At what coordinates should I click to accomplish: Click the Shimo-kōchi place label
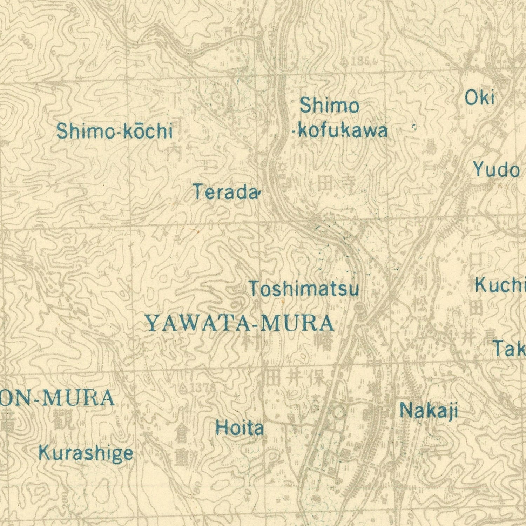[x=114, y=131]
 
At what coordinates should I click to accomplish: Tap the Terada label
[x=226, y=192]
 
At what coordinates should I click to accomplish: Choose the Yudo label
[x=496, y=170]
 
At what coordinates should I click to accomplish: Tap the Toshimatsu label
[x=304, y=289]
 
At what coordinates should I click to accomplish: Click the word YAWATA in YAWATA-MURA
[x=198, y=323]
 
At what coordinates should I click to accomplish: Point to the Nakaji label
[x=429, y=410]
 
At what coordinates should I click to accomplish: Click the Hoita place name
[x=240, y=428]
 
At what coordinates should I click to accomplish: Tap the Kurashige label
[x=86, y=453]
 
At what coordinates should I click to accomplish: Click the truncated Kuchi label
[x=500, y=285]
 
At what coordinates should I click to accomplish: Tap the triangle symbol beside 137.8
[x=183, y=388]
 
